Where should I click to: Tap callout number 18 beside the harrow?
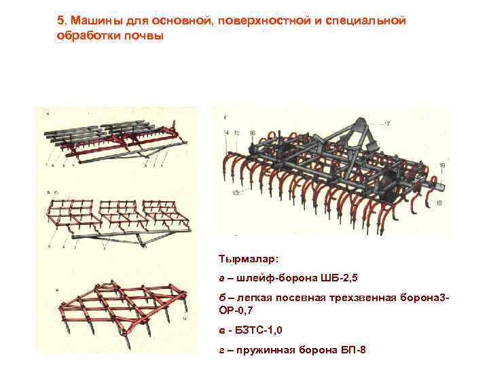point(442,166)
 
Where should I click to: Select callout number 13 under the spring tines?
point(236,193)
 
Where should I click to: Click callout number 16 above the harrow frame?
point(253,131)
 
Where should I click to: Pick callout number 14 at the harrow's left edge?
point(226,131)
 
